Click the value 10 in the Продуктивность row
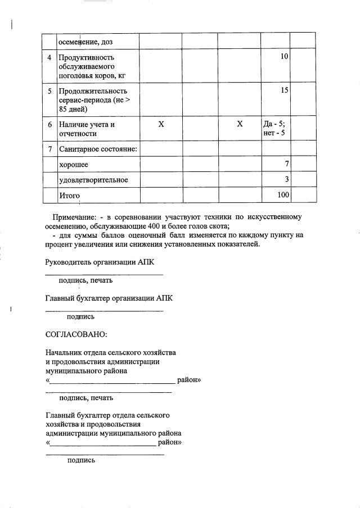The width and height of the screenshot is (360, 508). tap(284, 57)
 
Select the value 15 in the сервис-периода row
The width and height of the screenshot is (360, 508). tap(284, 90)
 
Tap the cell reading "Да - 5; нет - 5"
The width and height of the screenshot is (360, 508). tap(274, 129)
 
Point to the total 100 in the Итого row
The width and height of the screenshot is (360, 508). tap(283, 195)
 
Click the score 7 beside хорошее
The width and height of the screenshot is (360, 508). tap(287, 164)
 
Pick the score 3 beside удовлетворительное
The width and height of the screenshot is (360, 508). tap(287, 179)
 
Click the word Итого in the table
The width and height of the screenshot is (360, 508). tap(70, 196)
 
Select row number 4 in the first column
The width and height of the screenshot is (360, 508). tap(49, 57)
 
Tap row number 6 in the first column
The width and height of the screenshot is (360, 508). tap(49, 124)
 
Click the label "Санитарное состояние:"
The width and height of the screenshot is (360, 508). tap(98, 149)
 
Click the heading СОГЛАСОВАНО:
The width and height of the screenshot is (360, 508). tap(76, 334)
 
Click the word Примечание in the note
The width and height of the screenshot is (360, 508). tap(74, 217)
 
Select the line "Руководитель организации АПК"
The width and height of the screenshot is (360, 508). tap(99, 262)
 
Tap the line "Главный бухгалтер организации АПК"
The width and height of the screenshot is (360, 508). tap(109, 298)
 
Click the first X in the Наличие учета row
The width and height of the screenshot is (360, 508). tap(161, 124)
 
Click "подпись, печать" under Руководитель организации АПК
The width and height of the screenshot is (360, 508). tap(86, 280)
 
